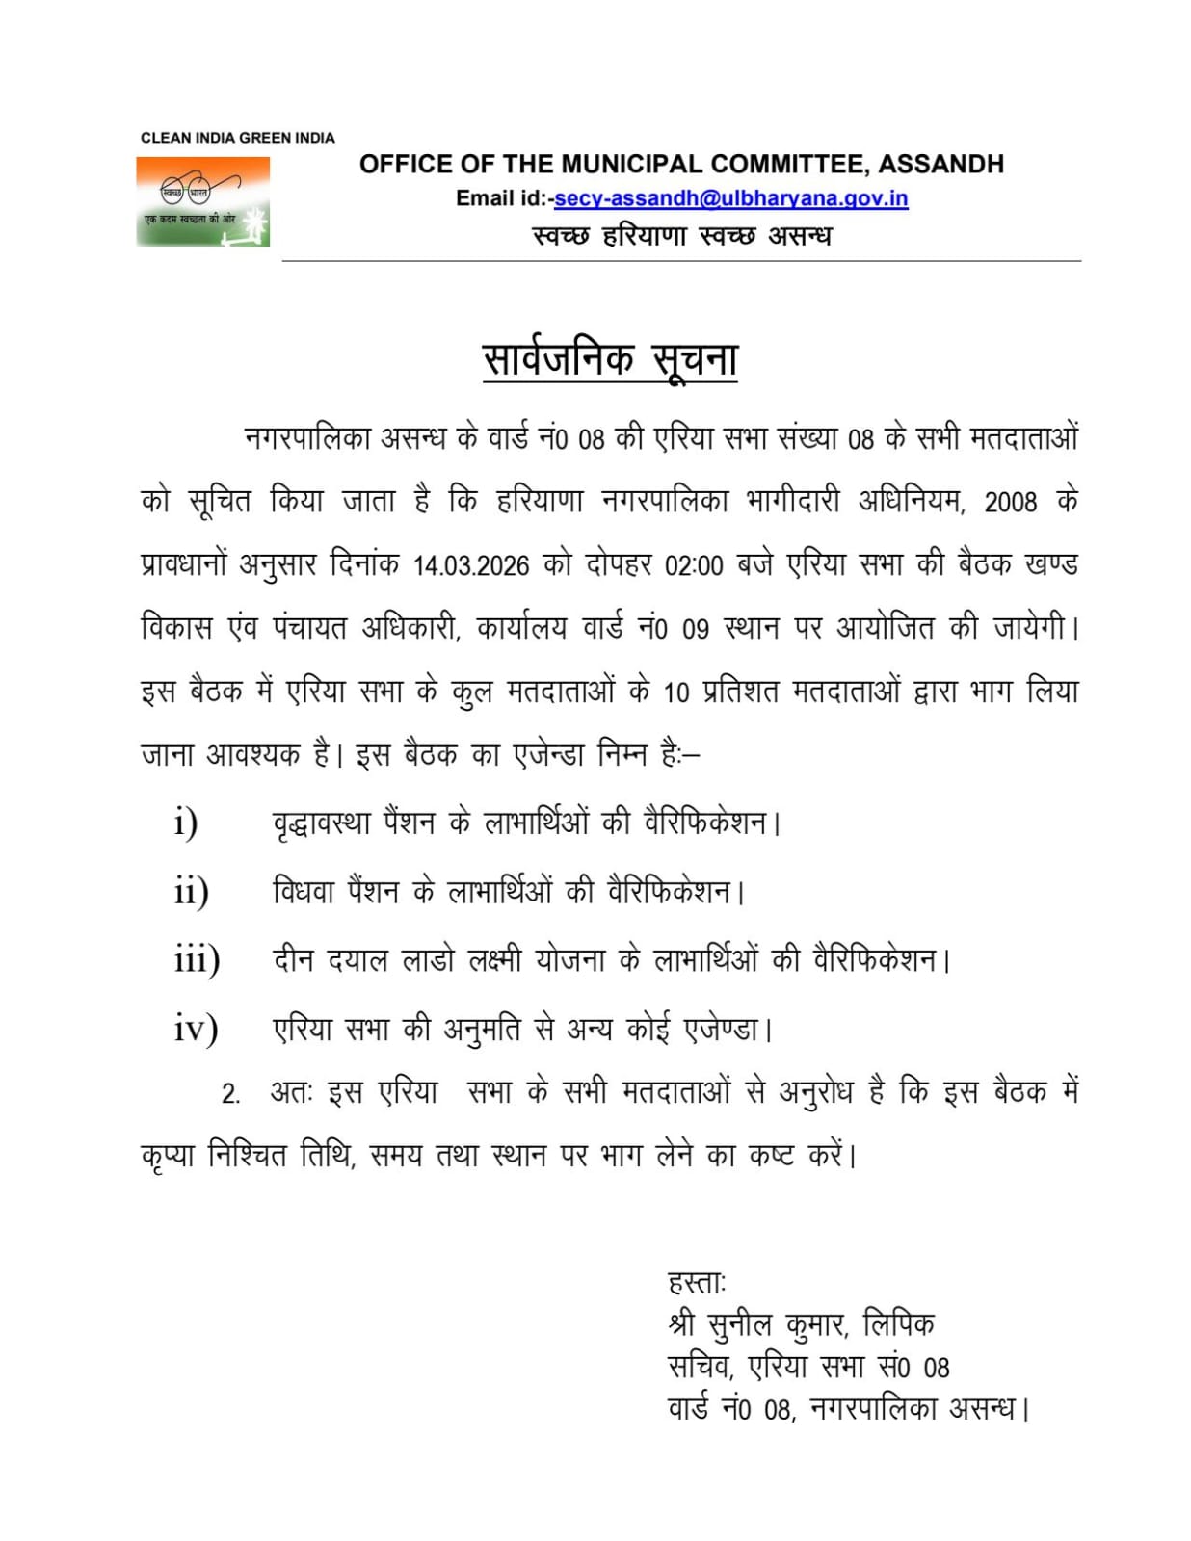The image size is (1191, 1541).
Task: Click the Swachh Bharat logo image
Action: (202, 201)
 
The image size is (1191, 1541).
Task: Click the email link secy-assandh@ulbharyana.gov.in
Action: (730, 198)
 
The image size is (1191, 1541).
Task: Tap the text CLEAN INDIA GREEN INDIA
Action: (237, 138)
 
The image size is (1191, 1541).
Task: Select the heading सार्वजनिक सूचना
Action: (610, 359)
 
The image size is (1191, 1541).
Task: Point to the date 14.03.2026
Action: (471, 565)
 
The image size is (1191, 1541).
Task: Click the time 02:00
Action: (694, 565)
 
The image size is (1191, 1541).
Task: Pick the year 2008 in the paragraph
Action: (1010, 502)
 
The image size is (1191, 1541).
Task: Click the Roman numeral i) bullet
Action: (186, 823)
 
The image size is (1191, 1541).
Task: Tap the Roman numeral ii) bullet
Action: (191, 892)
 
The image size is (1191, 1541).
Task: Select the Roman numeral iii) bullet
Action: (197, 960)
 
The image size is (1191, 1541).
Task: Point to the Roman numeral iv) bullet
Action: (196, 1029)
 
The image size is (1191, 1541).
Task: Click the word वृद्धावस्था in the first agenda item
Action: (321, 823)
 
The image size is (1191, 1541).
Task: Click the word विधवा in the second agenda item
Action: (304, 892)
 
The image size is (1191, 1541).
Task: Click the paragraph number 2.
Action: (230, 1094)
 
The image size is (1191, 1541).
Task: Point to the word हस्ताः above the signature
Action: (697, 1283)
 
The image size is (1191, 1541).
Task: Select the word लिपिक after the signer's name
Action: (898, 1325)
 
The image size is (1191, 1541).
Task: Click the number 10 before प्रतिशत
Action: (676, 692)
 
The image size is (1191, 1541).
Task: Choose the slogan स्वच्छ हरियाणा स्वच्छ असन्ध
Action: (681, 235)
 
